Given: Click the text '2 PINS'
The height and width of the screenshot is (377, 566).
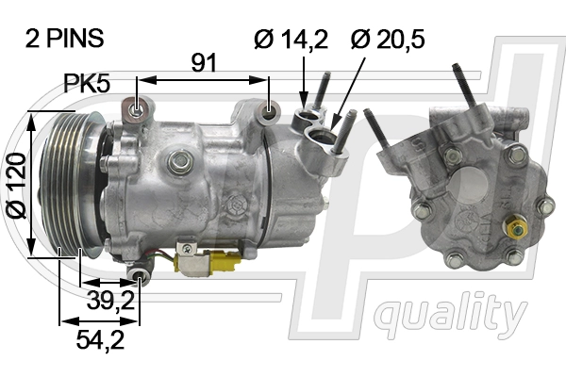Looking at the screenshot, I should click(64, 39).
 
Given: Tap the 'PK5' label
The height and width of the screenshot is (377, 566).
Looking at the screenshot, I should click(88, 83).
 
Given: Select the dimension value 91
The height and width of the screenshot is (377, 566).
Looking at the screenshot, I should click(204, 63).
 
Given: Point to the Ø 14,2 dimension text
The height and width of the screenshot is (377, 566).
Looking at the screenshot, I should click(290, 39).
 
